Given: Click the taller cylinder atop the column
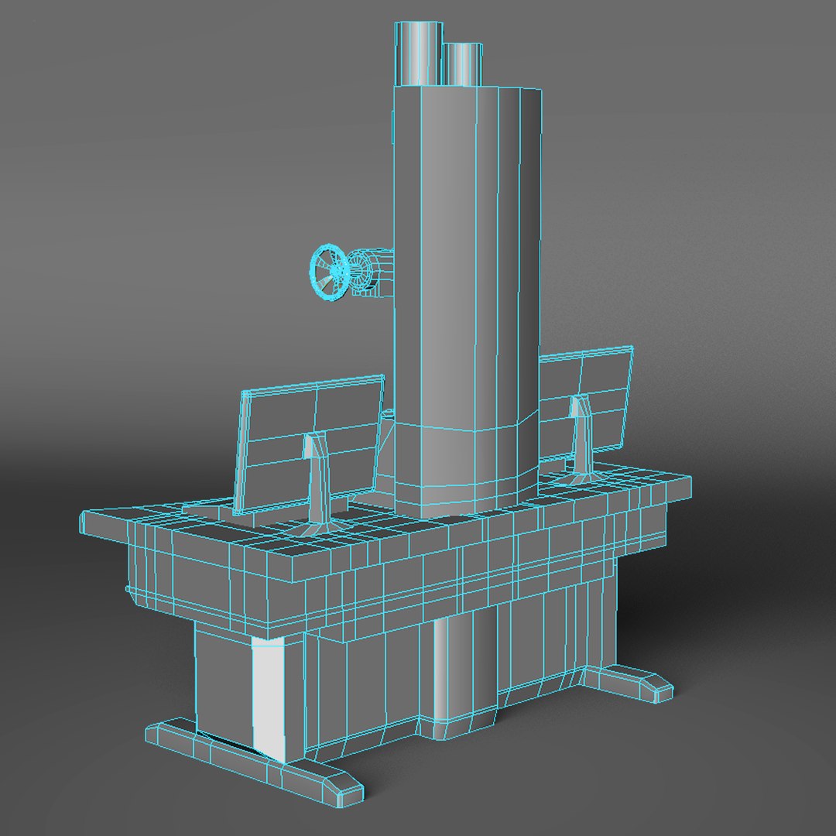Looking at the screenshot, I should tap(419, 53).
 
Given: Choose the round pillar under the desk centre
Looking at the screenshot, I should tap(463, 666).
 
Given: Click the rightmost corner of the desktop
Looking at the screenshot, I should tap(688, 481).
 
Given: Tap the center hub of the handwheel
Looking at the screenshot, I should tap(334, 270).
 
